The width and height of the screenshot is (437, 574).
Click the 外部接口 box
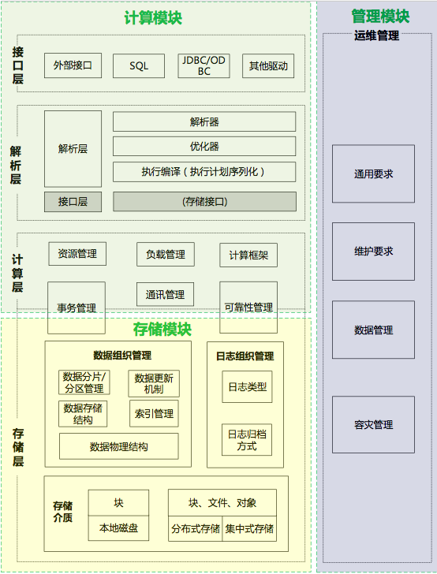pyautogui.click(x=73, y=65)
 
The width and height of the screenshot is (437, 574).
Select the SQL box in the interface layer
pyautogui.click(x=139, y=66)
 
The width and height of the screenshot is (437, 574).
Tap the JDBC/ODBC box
pyautogui.click(x=204, y=66)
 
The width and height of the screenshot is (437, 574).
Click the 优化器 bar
pyautogui.click(x=204, y=147)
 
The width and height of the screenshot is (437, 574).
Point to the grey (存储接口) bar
pyautogui.click(x=204, y=202)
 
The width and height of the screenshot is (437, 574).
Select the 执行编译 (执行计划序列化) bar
pyautogui.click(x=204, y=172)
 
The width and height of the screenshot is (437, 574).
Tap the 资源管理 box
pyautogui.click(x=77, y=254)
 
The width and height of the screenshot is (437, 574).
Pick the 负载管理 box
pyautogui.click(x=165, y=254)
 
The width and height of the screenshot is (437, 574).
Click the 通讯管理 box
pyautogui.click(x=165, y=295)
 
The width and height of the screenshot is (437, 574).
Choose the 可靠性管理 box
pyautogui.click(x=248, y=307)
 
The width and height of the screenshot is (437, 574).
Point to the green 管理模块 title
pyautogui.click(x=379, y=16)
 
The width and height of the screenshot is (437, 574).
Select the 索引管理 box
pyautogui.click(x=154, y=413)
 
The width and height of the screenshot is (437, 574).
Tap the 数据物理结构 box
pyautogui.click(x=118, y=446)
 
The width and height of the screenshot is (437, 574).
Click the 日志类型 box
pyautogui.click(x=247, y=387)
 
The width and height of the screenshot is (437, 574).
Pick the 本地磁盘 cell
pyautogui.click(x=118, y=527)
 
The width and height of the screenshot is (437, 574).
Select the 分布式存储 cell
pyautogui.click(x=195, y=528)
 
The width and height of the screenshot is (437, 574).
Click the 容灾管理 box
pyautogui.click(x=373, y=425)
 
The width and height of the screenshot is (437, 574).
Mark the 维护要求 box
pyautogui.click(x=373, y=252)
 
